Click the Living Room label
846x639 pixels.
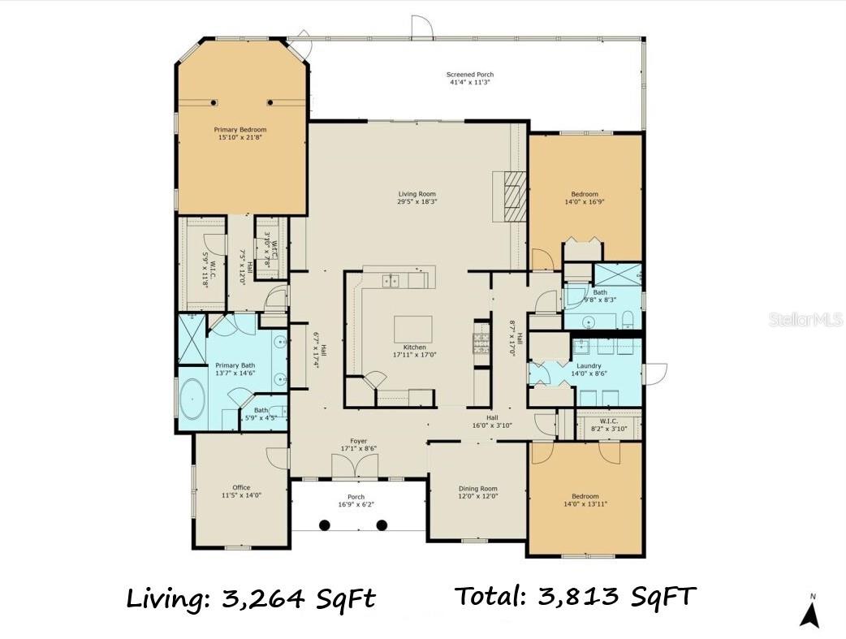point(417,194)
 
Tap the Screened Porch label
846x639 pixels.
point(470,75)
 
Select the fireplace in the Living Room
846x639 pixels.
point(510,196)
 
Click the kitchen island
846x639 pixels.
point(413,329)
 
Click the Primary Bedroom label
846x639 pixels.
point(240,129)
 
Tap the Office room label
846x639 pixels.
point(241,488)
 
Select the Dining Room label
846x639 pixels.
point(477,489)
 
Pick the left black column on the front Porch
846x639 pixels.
point(324,525)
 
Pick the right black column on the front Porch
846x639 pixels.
point(382,525)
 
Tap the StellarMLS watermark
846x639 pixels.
point(805,321)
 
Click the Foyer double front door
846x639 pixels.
point(355,467)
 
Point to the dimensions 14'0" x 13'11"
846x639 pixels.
point(585,504)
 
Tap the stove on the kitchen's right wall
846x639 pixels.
point(481,344)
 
